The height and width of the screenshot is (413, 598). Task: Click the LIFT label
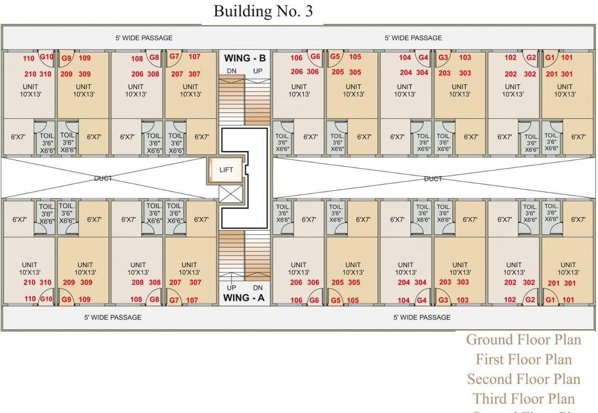coord(226,169)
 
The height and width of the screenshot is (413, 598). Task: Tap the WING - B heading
coord(244,58)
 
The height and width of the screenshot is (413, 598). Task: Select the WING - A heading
coord(244,297)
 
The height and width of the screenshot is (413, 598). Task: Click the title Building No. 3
coord(263,11)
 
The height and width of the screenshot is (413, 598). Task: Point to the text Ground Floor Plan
coord(523,340)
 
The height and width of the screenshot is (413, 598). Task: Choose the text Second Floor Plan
coord(523,379)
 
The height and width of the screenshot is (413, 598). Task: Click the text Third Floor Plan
coord(523,398)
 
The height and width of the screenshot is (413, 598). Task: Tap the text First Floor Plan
coord(523,359)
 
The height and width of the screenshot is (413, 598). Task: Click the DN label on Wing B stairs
coord(231,71)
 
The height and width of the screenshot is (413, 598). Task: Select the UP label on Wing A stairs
coord(231,288)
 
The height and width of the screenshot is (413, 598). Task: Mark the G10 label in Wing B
coord(47,57)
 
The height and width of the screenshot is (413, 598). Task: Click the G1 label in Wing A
coord(550,300)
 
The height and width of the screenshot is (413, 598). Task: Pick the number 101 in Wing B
coord(567,58)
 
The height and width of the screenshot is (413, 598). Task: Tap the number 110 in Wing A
coord(30,300)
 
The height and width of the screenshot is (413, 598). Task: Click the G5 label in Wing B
coord(335,56)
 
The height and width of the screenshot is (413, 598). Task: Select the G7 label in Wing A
coord(174,300)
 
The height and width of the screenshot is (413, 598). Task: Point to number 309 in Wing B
coord(84,74)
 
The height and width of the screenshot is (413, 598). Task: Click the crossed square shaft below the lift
coord(230,194)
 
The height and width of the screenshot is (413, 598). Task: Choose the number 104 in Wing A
coord(404,301)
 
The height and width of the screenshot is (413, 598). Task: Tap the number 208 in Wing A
coord(138,282)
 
